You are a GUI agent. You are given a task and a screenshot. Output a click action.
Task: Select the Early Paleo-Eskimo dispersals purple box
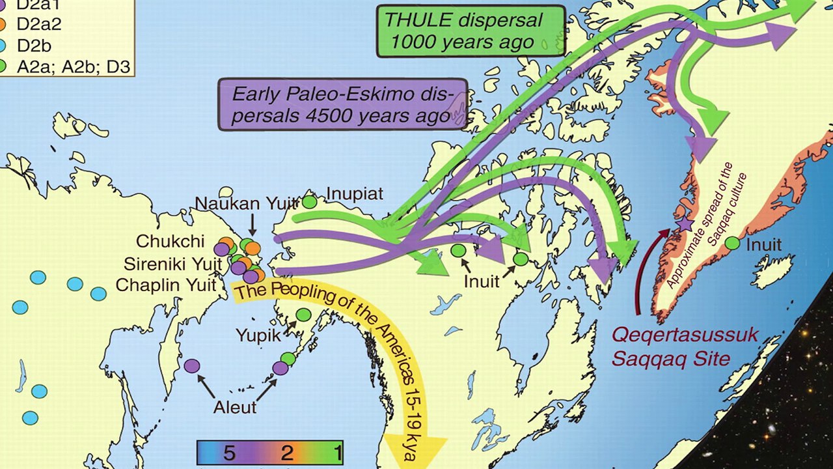(x=342, y=104)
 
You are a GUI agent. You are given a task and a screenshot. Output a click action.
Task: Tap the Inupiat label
(x=355, y=194)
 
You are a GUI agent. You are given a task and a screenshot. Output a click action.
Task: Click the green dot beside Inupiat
(x=310, y=201)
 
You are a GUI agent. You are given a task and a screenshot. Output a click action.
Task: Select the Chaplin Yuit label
(x=166, y=285)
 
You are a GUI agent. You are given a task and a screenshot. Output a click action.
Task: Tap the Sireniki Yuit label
(x=172, y=264)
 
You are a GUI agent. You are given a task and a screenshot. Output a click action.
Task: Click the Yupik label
(x=258, y=336)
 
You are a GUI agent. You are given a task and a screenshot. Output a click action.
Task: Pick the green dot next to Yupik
(x=303, y=315)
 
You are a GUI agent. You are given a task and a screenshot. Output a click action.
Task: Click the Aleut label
(x=235, y=408)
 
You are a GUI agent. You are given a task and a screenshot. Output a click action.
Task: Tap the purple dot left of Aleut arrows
(x=191, y=366)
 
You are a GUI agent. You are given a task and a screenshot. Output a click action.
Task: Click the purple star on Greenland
(x=684, y=224)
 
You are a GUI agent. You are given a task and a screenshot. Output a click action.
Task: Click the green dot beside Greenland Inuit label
(x=732, y=244)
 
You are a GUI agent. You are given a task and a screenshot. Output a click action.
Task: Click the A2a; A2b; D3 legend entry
(x=65, y=65)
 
